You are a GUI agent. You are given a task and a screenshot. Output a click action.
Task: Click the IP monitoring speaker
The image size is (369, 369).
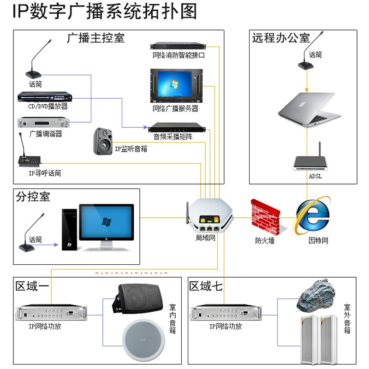[x=103, y=141]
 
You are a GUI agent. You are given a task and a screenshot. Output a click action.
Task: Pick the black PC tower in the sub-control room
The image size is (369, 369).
[x=70, y=229]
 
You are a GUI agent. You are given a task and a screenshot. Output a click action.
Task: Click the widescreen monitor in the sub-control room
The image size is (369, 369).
[x=107, y=223]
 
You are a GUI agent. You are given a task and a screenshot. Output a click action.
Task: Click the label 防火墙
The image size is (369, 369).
[x=265, y=240]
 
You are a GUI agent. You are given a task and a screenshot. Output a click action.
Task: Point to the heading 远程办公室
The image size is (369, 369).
[x=280, y=38]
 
